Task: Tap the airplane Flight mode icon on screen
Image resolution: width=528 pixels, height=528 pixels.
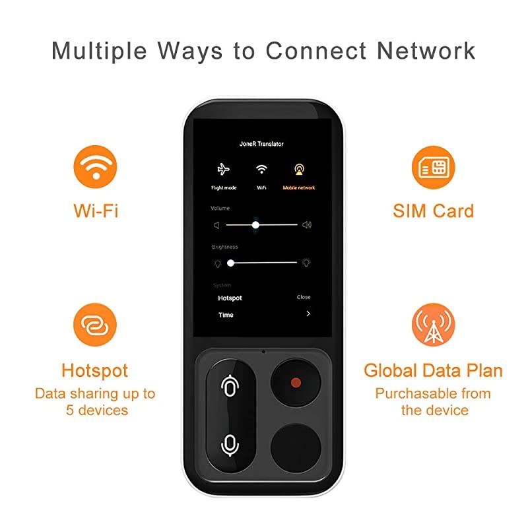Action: point(223,170)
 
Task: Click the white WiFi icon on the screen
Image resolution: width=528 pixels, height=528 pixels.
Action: point(261,170)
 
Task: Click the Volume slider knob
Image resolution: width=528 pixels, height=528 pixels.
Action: point(255,225)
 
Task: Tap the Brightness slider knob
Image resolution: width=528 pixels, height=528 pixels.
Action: point(230,263)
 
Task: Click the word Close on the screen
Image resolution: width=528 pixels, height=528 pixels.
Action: point(304,298)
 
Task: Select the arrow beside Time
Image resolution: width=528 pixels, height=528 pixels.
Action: point(308,314)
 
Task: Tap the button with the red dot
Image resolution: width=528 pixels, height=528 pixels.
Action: point(296,382)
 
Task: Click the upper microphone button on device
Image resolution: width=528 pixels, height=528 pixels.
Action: point(229,387)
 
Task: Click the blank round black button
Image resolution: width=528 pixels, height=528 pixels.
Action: point(296,442)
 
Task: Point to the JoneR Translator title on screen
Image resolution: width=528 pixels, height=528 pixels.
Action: point(261,143)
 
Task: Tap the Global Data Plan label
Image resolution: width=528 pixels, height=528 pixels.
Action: point(433,370)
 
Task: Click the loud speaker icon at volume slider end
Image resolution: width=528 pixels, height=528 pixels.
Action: point(307,225)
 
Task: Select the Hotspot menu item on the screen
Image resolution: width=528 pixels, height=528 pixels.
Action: point(230,298)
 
